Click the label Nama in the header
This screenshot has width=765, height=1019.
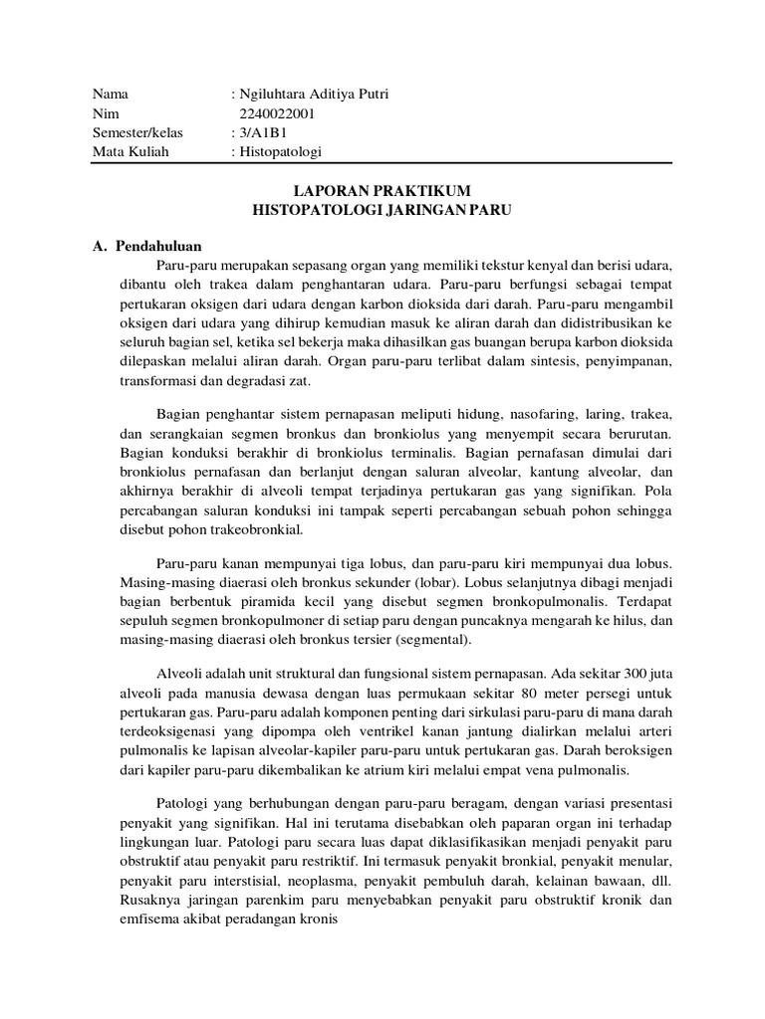pyautogui.click(x=111, y=94)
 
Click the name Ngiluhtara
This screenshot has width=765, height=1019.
pyautogui.click(x=273, y=94)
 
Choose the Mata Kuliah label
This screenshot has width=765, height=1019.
pyautogui.click(x=130, y=151)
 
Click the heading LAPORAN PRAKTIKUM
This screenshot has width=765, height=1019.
pyautogui.click(x=382, y=189)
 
